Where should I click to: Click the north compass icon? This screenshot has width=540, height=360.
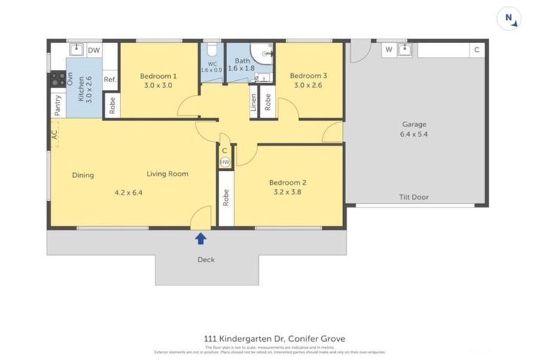pyautogui.click(x=508, y=19)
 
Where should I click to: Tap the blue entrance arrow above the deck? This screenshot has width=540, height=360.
pyautogui.click(x=200, y=238)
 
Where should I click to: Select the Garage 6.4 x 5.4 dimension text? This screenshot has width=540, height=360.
pyautogui.click(x=414, y=134)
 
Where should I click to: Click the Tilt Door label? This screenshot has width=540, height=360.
pyautogui.click(x=414, y=198)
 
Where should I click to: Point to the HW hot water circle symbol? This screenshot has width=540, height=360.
pyautogui.click(x=224, y=162)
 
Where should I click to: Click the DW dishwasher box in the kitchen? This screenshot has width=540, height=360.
pyautogui.click(x=94, y=50)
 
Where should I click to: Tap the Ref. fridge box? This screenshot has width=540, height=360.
pyautogui.click(x=110, y=79)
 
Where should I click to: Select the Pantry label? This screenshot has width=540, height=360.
pyautogui.click(x=57, y=105)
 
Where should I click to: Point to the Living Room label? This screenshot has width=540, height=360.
pyautogui.click(x=167, y=174)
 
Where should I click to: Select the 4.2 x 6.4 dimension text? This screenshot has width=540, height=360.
pyautogui.click(x=128, y=192)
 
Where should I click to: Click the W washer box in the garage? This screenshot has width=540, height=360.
pyautogui.click(x=387, y=50)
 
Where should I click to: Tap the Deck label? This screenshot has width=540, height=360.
pyautogui.click(x=205, y=259)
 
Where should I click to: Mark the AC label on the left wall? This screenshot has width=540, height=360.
pyautogui.click(x=54, y=134)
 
